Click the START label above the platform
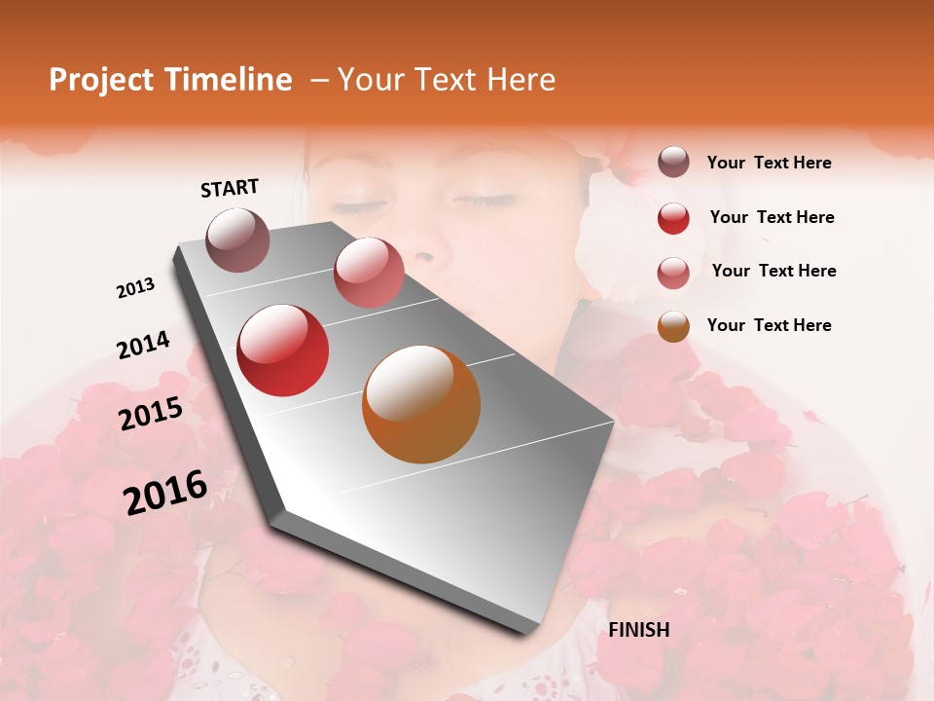(x=230, y=188)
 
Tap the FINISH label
(x=638, y=630)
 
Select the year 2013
(x=135, y=288)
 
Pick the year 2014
(x=143, y=346)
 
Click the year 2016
(x=165, y=493)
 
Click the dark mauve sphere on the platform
(x=238, y=240)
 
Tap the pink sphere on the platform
(x=369, y=273)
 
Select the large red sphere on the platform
(x=283, y=350)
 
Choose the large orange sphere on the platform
(x=421, y=404)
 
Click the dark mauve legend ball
(x=673, y=162)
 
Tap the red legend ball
(x=673, y=218)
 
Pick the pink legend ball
(x=673, y=273)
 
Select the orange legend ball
(x=673, y=326)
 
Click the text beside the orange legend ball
(x=769, y=325)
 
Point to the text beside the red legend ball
(x=772, y=217)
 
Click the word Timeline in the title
(x=225, y=80)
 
